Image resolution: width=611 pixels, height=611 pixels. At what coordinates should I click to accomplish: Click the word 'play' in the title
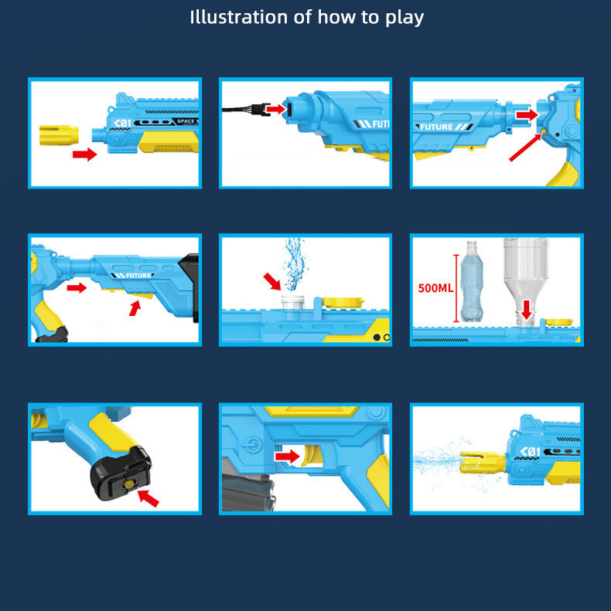(404, 18)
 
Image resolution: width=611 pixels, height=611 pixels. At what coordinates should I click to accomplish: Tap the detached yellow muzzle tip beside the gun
(59, 135)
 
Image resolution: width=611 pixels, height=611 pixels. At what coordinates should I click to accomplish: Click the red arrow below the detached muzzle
(84, 154)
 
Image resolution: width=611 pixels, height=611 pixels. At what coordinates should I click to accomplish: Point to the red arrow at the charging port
(276, 109)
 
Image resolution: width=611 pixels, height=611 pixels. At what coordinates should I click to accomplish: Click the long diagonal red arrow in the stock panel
(525, 148)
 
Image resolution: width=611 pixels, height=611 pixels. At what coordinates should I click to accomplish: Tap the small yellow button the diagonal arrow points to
(544, 131)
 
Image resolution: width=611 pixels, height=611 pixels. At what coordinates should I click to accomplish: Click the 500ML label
(435, 288)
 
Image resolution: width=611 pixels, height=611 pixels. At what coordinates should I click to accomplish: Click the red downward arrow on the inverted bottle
(527, 309)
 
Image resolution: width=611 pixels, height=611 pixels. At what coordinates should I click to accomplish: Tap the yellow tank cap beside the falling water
(342, 302)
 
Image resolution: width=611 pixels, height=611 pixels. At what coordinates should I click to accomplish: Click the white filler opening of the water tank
(292, 302)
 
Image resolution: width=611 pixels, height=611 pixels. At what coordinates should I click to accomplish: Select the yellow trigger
(310, 456)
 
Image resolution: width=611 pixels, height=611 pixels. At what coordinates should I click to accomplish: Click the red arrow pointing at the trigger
(287, 457)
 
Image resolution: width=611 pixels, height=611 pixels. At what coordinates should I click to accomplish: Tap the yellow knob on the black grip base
(128, 484)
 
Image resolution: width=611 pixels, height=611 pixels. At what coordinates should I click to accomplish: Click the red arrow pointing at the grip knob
(148, 498)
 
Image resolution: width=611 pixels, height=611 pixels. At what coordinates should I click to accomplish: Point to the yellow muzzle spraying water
(483, 462)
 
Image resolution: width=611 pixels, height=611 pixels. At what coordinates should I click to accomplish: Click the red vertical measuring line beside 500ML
(456, 288)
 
